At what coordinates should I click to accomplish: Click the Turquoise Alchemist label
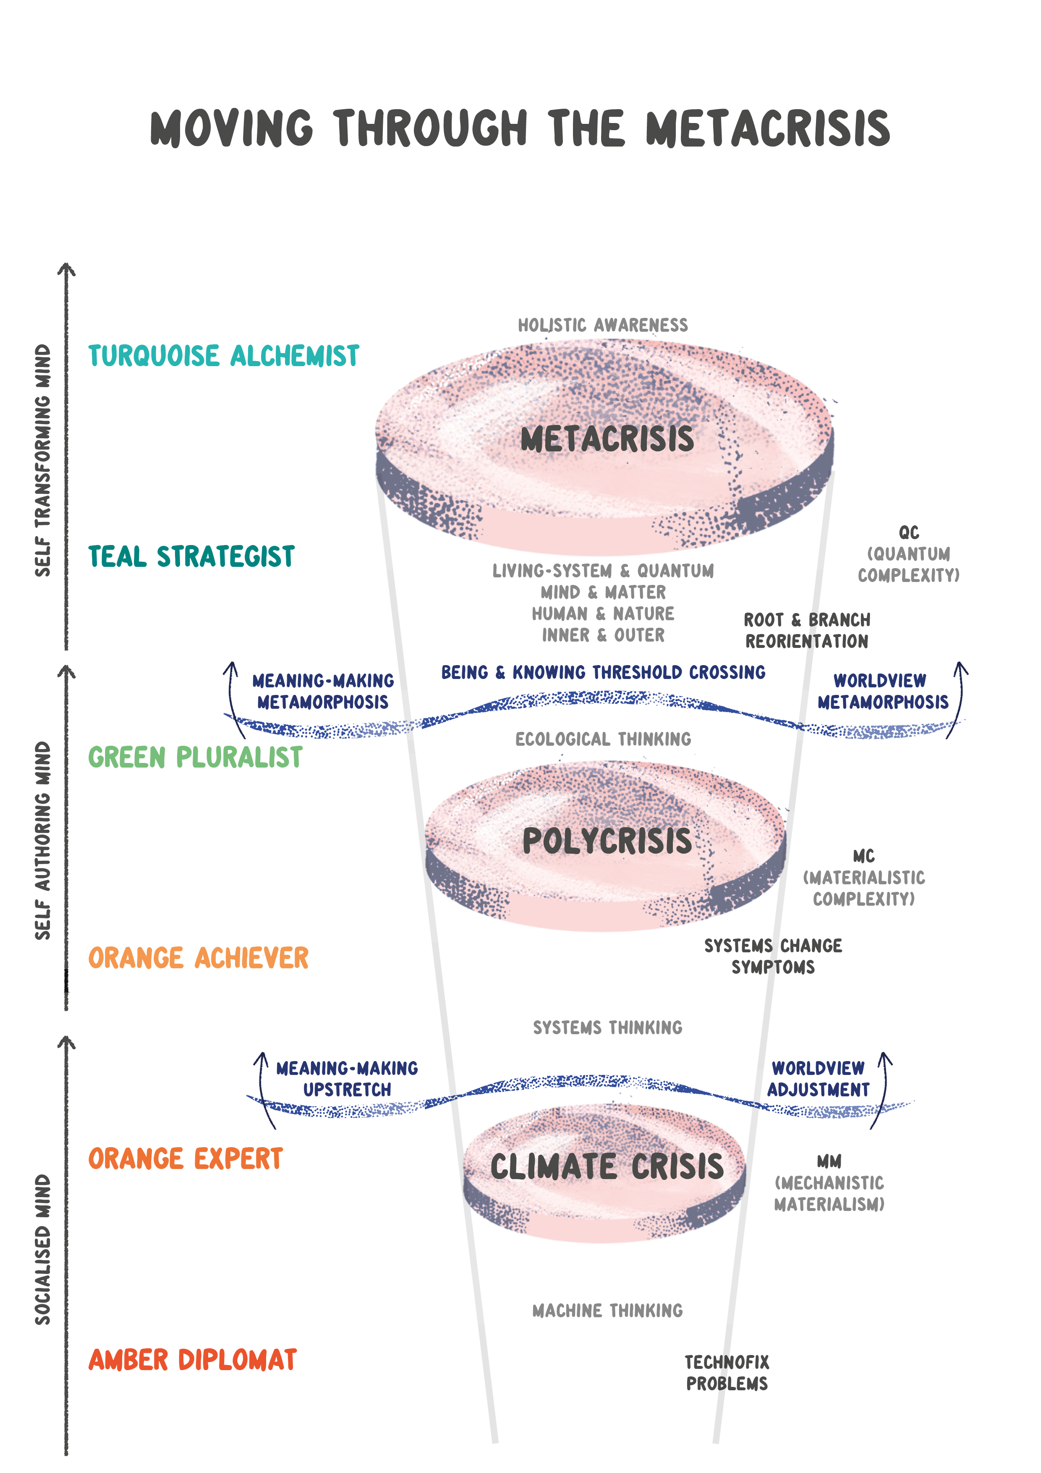223,356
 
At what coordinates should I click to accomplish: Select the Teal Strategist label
191,556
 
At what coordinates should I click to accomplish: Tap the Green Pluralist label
195,757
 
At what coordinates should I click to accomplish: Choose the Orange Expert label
186,1158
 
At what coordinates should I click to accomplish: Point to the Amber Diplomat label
192,1360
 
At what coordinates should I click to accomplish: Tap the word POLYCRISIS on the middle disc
607,841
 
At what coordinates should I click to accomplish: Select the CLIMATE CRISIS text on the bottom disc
607,1166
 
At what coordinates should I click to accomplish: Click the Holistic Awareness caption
603,325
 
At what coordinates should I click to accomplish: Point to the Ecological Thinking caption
603,739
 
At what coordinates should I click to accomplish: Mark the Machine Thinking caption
607,1310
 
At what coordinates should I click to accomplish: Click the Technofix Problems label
727,1373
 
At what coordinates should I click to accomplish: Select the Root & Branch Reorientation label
807,631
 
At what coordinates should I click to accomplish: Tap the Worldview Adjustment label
819,1079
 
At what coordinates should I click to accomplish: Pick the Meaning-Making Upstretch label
347,1079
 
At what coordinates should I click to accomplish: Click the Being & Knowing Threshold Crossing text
603,672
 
